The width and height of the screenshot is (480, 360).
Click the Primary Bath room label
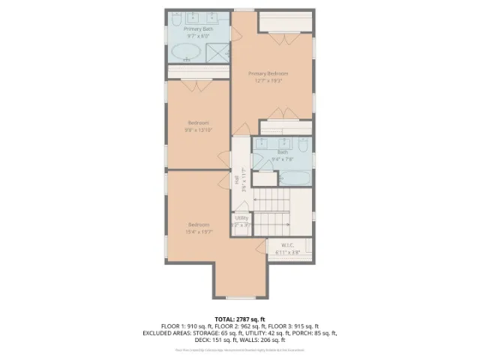[x=198, y=28]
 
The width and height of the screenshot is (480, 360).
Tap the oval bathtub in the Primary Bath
[x=185, y=52]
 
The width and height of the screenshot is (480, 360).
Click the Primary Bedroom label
[x=268, y=73]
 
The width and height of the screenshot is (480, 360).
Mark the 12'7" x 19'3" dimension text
[x=268, y=80]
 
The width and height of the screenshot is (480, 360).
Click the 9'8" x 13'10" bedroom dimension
[x=198, y=130]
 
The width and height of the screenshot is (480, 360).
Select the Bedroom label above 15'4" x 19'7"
[x=198, y=225]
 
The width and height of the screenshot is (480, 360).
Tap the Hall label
[x=238, y=178]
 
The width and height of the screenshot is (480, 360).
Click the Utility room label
[x=241, y=218]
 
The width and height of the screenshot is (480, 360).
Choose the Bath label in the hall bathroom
[x=282, y=151]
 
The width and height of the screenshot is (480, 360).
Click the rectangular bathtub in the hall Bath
[x=292, y=178]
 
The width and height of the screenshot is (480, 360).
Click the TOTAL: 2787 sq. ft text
[x=239, y=319]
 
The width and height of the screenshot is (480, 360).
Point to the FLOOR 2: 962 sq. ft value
[x=239, y=326]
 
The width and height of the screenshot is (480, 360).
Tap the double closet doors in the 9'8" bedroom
[x=198, y=84]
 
